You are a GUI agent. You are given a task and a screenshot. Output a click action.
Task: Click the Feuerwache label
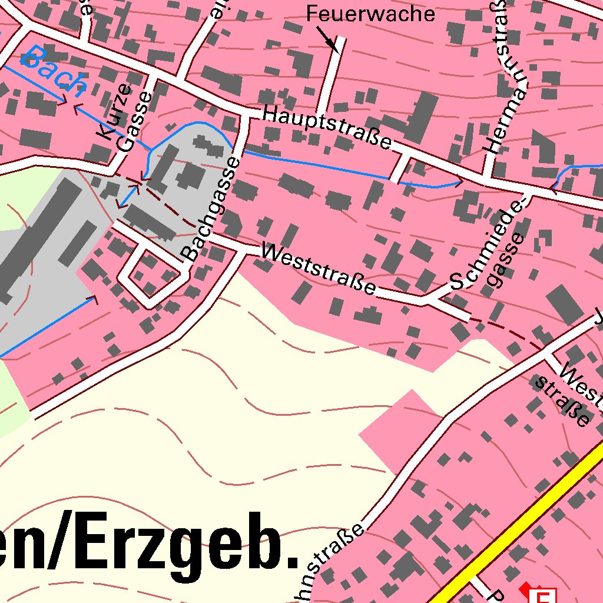370,14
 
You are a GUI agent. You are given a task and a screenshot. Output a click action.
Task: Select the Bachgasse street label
211,209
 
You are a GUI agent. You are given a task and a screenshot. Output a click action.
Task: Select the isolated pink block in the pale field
400,430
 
